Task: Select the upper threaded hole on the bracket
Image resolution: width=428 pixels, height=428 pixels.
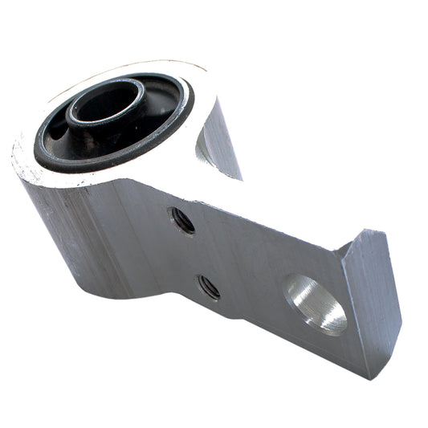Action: (x=182, y=220)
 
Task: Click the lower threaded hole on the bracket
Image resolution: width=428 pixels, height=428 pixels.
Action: (x=208, y=286)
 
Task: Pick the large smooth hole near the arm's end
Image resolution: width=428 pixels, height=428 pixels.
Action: (x=316, y=303)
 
